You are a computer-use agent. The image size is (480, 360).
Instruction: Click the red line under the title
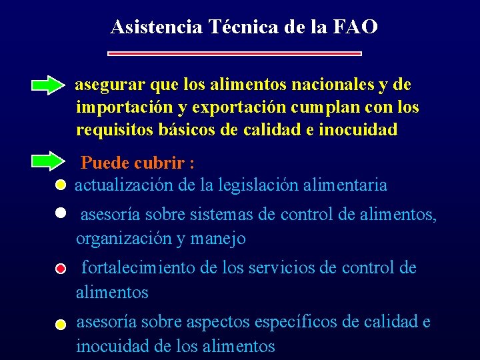click(x=235, y=53)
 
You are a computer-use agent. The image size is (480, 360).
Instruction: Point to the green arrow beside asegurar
click(x=49, y=85)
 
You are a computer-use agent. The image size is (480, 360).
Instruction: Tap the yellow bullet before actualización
click(x=60, y=185)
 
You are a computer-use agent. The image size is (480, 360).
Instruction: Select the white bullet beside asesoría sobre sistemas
click(x=60, y=213)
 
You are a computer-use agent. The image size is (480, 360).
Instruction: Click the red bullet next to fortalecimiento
click(x=60, y=269)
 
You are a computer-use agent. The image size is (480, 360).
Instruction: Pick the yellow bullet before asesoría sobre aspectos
click(x=60, y=325)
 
